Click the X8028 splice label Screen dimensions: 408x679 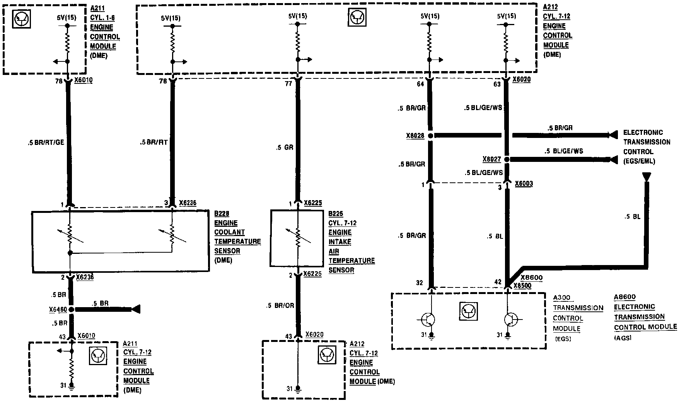tap(415, 136)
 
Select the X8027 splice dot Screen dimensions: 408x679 tap(507, 159)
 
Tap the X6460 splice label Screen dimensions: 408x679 tap(58, 309)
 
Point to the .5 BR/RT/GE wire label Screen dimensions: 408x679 tap(46, 143)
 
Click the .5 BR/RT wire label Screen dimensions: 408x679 tap(154, 143)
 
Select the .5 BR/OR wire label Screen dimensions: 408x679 tap(280, 306)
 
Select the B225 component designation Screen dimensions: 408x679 tap(335, 214)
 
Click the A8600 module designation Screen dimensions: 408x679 tap(624, 297)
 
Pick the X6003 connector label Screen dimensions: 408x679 tap(524, 184)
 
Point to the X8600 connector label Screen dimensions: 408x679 tap(531, 278)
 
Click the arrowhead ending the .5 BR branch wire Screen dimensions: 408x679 tap(136, 309)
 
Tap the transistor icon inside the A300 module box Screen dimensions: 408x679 tap(468, 311)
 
